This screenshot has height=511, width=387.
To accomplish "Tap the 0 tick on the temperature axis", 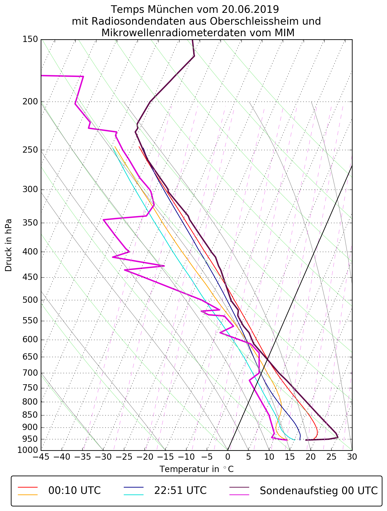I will (x=228, y=457).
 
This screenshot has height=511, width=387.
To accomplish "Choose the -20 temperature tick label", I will (x=145, y=457).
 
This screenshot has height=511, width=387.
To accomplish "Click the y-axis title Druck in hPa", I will (x=9, y=245).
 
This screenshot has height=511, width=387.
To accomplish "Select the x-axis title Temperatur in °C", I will (x=197, y=469).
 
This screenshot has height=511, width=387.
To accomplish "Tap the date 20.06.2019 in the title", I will (x=250, y=10).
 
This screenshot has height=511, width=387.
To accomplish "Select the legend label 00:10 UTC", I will (x=75, y=491).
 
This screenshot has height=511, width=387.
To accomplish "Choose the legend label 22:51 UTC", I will (x=180, y=491).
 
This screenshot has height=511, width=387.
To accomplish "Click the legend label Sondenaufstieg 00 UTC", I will (x=318, y=491).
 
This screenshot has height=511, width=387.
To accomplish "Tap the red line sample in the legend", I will (x=28, y=487).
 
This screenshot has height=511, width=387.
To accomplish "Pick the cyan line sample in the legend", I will (x=134, y=495).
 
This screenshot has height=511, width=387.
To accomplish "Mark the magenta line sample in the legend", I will (x=239, y=495).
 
